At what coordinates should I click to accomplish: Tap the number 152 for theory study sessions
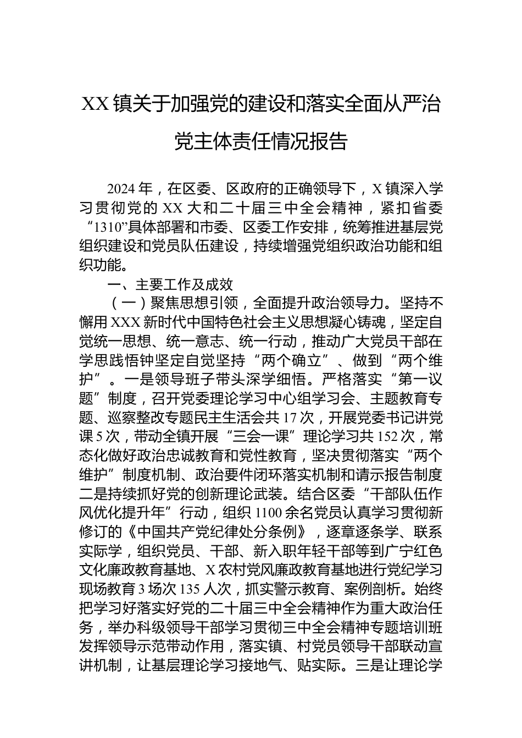[x=388, y=437]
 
